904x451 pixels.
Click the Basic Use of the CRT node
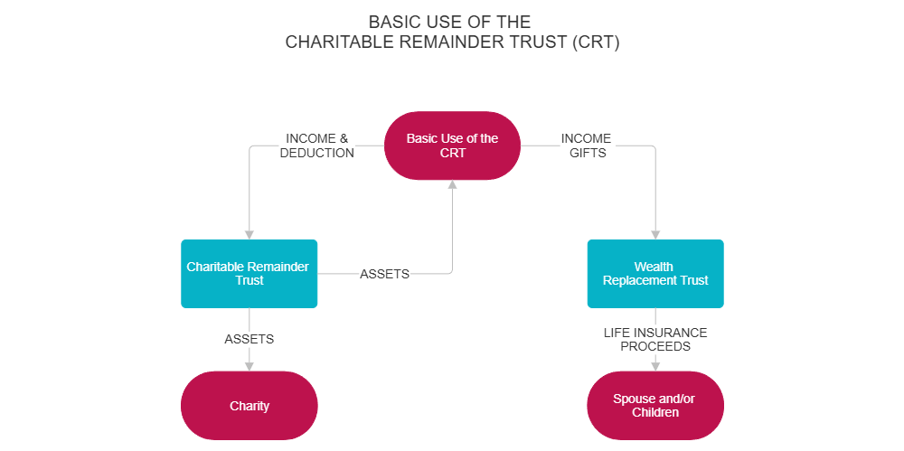pos(452,146)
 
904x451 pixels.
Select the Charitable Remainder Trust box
pos(249,273)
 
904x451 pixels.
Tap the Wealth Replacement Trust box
pos(655,273)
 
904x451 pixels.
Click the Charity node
pos(249,406)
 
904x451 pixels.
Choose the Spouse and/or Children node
pos(655,406)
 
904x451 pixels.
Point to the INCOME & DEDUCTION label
pos(316,146)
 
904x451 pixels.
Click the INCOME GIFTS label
pos(587,146)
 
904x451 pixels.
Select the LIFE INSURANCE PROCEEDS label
pos(655,339)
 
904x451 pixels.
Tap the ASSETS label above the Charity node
pos(249,339)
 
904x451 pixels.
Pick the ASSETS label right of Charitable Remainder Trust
pos(385,274)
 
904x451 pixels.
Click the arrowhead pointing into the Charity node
pos(249,365)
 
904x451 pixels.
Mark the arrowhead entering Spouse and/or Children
pos(655,365)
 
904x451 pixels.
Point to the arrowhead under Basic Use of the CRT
pos(452,185)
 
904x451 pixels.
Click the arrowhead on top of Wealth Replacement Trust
pos(655,233)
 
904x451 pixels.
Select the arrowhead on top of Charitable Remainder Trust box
pos(249,233)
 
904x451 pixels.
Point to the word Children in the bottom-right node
pos(655,413)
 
